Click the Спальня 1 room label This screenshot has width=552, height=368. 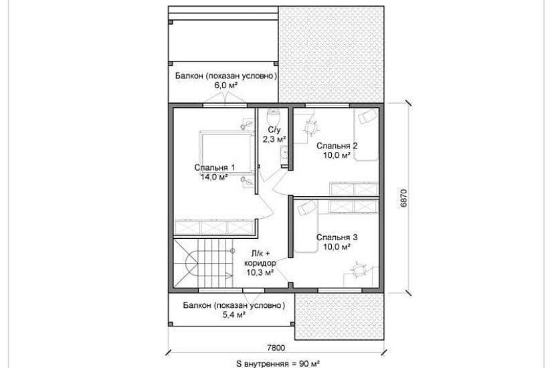214,168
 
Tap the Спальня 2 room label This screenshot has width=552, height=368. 337,145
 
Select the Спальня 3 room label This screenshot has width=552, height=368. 337,238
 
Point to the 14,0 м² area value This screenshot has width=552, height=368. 213,177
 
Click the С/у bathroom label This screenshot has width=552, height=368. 274,130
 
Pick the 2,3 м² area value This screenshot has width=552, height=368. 274,139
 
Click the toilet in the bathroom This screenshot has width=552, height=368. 274,115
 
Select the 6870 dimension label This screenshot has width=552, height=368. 403,198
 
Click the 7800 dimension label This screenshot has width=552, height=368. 276,348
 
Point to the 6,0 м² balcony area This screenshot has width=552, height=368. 225,85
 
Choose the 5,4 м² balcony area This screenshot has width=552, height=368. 234,314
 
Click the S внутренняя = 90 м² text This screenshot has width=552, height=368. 278,363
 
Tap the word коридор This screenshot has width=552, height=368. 260,263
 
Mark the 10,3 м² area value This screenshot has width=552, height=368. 260,272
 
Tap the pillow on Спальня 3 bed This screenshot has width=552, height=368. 306,208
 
